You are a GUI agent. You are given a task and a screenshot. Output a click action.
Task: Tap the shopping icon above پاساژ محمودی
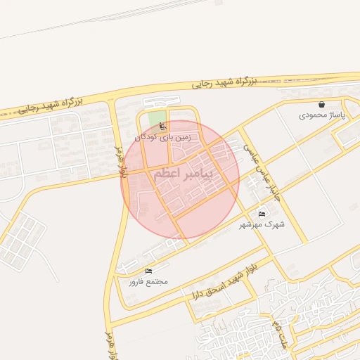pyautogui.click(x=321, y=104)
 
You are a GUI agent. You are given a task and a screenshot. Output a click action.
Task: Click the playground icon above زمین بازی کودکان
pyautogui.click(x=163, y=127)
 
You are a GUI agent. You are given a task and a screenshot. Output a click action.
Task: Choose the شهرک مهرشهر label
pyautogui.click(x=262, y=224)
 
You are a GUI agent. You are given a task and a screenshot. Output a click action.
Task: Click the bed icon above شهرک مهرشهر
pyautogui.click(x=262, y=214)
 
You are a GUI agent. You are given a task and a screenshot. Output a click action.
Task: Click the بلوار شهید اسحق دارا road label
pyautogui.click(x=217, y=281)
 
